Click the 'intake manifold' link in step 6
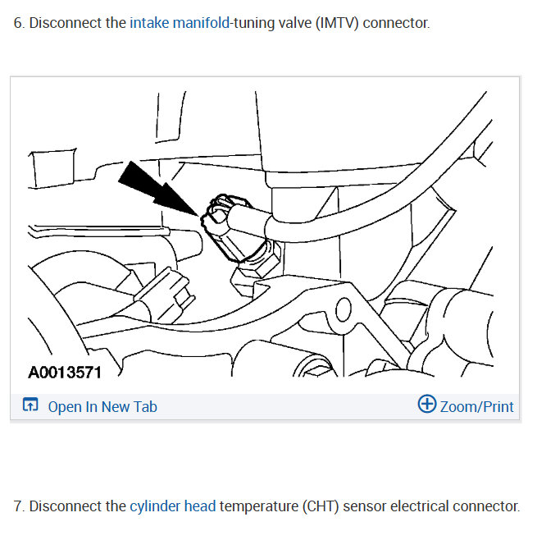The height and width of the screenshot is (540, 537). click(x=180, y=23)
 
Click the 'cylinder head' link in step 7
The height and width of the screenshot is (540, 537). click(x=172, y=506)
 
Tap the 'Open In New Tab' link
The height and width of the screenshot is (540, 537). click(x=102, y=406)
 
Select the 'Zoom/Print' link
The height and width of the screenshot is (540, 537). click(x=476, y=406)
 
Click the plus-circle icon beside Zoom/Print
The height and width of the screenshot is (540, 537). click(x=426, y=405)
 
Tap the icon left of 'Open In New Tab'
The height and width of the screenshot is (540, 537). click(x=30, y=405)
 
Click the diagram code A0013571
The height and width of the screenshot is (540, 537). click(x=65, y=373)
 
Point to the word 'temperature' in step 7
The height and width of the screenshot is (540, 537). click(x=257, y=506)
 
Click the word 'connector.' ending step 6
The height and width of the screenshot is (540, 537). click(x=396, y=23)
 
